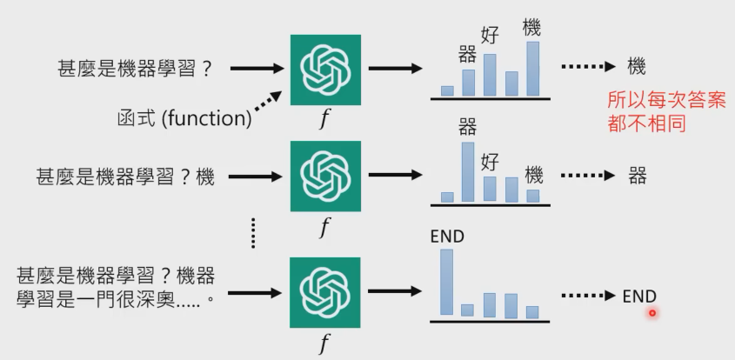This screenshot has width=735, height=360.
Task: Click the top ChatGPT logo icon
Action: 325,70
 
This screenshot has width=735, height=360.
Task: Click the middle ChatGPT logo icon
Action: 325,177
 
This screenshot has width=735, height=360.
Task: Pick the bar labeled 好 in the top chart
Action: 490,74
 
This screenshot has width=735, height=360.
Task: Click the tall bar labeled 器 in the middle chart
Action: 468,171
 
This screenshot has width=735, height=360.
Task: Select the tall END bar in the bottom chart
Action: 447,282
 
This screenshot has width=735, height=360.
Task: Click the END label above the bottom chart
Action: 447,237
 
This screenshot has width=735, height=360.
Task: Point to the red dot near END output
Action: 651,313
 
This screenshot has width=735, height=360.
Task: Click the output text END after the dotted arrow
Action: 639,297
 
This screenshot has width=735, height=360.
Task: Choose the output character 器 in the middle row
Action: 638,177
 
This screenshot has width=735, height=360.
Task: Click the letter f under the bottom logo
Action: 324,343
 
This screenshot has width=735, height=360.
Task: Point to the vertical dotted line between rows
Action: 253,230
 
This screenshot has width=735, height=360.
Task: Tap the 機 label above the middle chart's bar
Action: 533,172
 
